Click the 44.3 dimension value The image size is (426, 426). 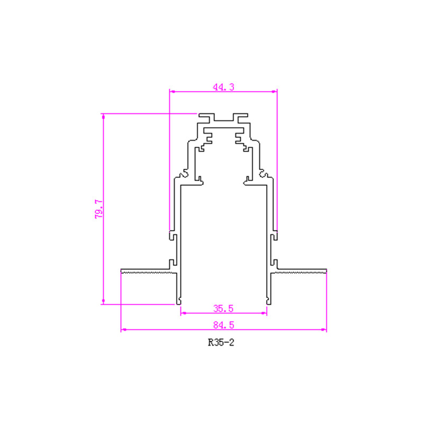click(223, 87)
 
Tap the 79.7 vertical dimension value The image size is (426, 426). click(99, 209)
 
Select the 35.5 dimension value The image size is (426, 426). click(223, 309)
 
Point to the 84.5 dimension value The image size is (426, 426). click(223, 325)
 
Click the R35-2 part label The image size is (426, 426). click(221, 342)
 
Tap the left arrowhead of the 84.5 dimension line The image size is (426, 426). click(124, 330)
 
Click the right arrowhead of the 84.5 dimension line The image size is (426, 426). click(324, 330)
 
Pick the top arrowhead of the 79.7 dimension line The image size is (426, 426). click(103, 117)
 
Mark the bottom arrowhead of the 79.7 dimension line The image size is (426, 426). click(103, 301)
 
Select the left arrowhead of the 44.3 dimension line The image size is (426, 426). click(172, 92)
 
